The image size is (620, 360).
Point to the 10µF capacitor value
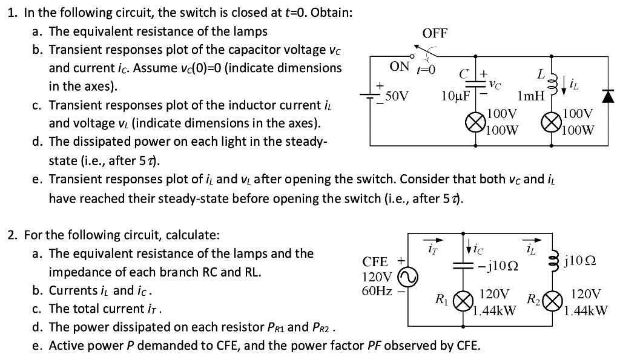(x=456, y=96)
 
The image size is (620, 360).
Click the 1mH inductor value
(x=531, y=96)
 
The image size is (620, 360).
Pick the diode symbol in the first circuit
(x=607, y=95)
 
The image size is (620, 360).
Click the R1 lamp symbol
(x=464, y=301)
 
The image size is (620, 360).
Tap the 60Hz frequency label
(x=377, y=292)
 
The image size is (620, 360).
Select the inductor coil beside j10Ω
(x=552, y=261)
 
